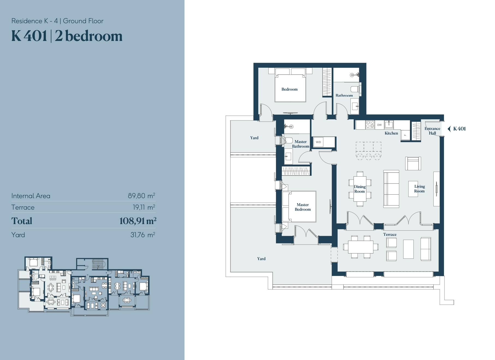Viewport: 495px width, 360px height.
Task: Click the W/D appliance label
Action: pos(318,142)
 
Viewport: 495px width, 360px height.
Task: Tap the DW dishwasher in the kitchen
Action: pos(379,125)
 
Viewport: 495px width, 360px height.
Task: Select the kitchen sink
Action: pos(389,124)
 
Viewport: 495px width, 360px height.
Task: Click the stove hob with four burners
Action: pos(370,124)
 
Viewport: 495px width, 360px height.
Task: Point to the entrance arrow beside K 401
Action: pos(449,129)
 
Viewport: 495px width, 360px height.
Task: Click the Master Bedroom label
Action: pos(303,207)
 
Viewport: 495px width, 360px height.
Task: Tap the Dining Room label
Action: pos(360,189)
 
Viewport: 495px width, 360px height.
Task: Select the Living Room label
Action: pos(419,189)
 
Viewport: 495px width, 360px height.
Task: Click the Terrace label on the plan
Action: pos(390,234)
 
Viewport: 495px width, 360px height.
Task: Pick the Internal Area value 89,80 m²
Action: pos(142,196)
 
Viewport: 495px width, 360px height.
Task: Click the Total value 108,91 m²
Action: pos(138,221)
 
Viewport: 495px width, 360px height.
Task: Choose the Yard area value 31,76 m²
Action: pos(143,235)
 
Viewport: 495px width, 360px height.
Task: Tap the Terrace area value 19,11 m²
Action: pos(144,207)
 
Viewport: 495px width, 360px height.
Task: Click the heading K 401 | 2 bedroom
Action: pos(67,36)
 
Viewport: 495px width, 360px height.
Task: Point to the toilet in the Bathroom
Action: pos(355,89)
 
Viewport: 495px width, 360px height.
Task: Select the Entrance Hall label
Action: pos(432,131)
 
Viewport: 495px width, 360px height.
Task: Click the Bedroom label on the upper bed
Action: pos(289,89)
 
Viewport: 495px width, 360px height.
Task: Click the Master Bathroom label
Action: pos(301,144)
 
